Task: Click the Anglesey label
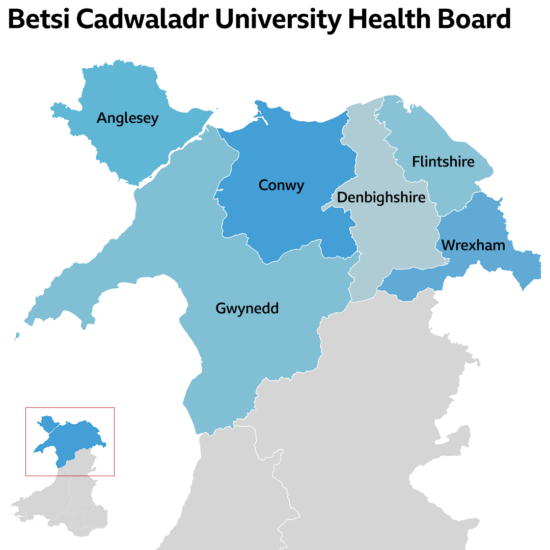coord(127,118)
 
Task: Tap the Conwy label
coord(281,185)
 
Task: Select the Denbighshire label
coord(381,197)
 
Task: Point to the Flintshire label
coord(443,162)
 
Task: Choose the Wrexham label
coord(473,245)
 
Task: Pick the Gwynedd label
coord(247,308)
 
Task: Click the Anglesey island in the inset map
coord(46,423)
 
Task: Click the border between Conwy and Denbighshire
coord(355,168)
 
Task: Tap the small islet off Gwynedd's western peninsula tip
coord(17,336)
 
